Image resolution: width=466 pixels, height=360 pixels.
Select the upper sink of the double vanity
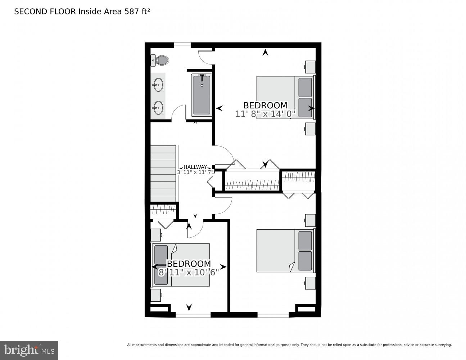coord(157,86)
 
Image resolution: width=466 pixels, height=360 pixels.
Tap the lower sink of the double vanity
coord(157,107)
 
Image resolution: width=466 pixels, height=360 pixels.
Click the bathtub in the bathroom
coord(202,95)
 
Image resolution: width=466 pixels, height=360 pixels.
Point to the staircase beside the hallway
coord(163,174)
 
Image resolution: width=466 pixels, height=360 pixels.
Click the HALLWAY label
coord(195,167)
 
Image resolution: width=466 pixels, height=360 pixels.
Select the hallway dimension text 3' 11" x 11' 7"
coord(195,172)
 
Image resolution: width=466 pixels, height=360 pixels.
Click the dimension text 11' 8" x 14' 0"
coord(265,114)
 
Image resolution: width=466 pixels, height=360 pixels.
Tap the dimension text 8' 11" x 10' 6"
coord(189,273)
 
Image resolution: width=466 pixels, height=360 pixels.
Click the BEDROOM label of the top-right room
coord(265,105)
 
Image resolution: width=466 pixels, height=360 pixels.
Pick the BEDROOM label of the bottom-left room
coord(189,264)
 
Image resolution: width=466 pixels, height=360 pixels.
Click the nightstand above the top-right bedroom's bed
coord(310,67)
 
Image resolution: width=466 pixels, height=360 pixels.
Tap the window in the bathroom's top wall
coord(182,45)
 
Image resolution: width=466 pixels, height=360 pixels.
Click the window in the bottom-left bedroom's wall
coord(193,315)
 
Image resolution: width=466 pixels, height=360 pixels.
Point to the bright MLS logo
coord(29,350)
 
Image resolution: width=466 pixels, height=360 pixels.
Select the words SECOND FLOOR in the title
coord(45,12)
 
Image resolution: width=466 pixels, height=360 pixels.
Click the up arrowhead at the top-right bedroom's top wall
coord(265,53)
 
